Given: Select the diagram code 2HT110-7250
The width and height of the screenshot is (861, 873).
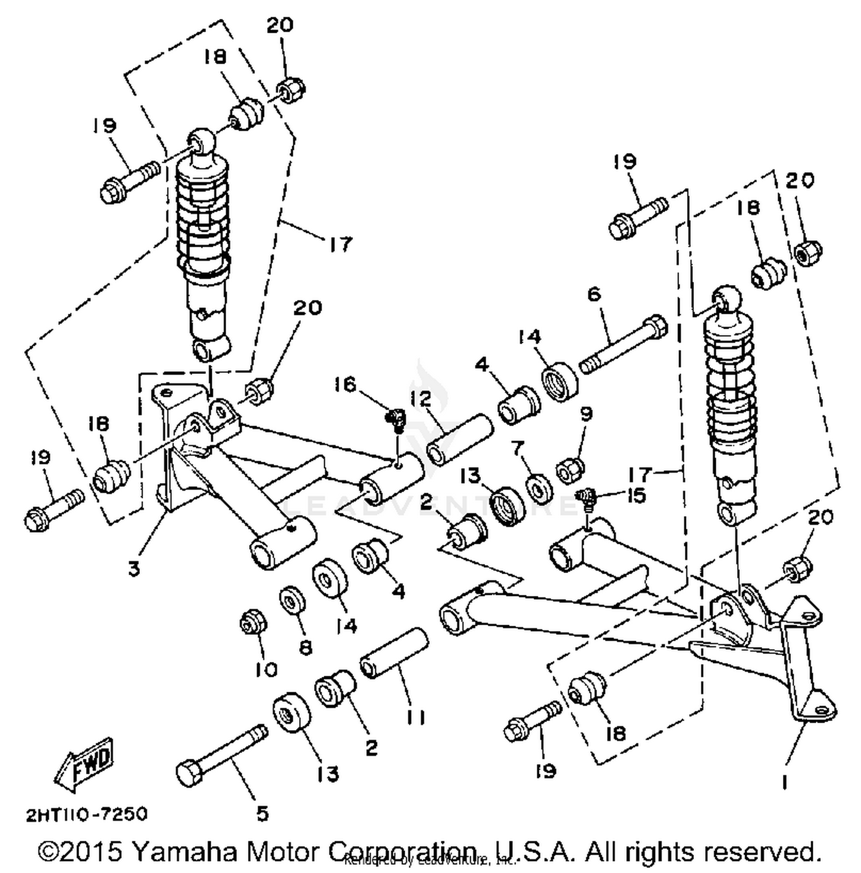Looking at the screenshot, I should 87,814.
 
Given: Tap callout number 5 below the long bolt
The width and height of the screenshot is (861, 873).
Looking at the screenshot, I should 262,813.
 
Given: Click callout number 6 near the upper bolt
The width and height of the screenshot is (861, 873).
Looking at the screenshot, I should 594,294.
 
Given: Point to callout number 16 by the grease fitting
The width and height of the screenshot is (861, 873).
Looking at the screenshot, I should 346,384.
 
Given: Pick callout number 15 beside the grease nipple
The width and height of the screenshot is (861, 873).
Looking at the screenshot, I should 637,494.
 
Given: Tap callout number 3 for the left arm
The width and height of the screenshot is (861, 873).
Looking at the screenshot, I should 134,568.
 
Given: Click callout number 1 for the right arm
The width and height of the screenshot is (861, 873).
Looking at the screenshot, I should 784,781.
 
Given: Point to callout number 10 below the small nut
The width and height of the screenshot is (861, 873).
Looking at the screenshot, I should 266,669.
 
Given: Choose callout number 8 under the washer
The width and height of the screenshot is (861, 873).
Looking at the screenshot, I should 306,647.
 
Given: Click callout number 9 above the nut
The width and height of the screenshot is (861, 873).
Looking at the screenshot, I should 586,414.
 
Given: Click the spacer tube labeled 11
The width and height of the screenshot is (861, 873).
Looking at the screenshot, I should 394,654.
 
